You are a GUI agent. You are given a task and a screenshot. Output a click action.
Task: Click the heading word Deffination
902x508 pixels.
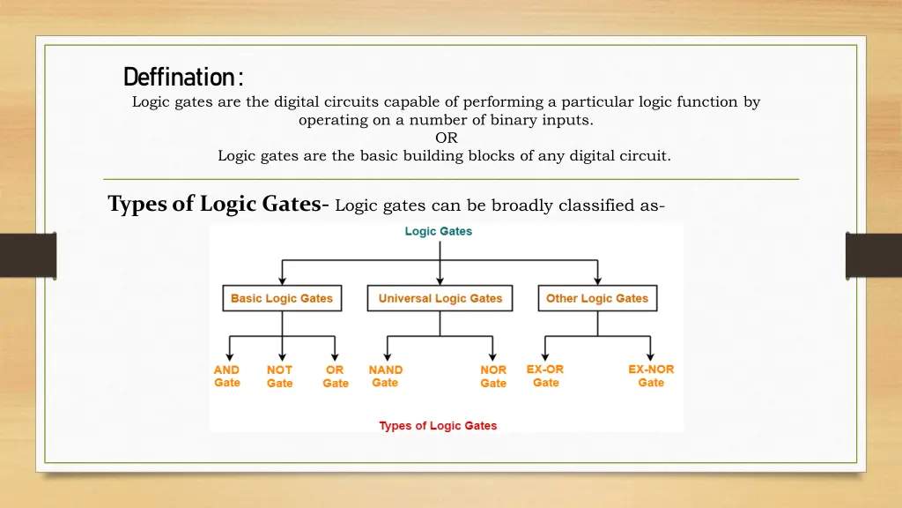tap(182, 78)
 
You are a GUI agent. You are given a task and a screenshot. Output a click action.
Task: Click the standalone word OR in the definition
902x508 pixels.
tap(447, 138)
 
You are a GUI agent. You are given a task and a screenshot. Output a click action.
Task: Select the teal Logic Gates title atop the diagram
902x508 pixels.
tap(439, 232)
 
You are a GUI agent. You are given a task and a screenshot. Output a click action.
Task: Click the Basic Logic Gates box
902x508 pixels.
tap(282, 299)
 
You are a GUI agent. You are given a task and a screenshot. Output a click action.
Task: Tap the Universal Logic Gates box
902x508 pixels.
tap(440, 299)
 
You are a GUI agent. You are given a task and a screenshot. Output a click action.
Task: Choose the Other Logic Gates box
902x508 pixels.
tap(596, 299)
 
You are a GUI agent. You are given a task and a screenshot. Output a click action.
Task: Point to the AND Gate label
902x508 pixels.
tap(227, 377)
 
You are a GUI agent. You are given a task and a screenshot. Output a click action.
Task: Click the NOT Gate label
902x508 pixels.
tap(279, 377)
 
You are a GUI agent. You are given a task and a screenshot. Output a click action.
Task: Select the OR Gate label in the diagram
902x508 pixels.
tap(335, 377)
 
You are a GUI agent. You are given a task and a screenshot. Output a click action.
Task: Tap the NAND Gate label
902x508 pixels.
tap(386, 377)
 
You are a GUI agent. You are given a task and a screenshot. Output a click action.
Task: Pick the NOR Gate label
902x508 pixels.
tap(493, 377)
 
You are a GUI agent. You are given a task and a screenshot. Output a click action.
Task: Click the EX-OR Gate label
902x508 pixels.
tap(545, 376)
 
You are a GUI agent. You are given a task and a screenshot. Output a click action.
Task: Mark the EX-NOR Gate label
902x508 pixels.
tap(651, 376)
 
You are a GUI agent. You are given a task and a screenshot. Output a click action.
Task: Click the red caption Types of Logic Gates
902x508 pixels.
tap(438, 426)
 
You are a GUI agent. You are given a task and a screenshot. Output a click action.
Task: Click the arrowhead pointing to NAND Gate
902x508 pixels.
tap(388, 355)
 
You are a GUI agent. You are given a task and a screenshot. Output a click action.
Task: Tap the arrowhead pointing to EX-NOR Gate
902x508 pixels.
tap(651, 355)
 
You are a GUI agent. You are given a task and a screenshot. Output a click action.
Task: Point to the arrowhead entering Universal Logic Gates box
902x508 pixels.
tap(440, 281)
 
